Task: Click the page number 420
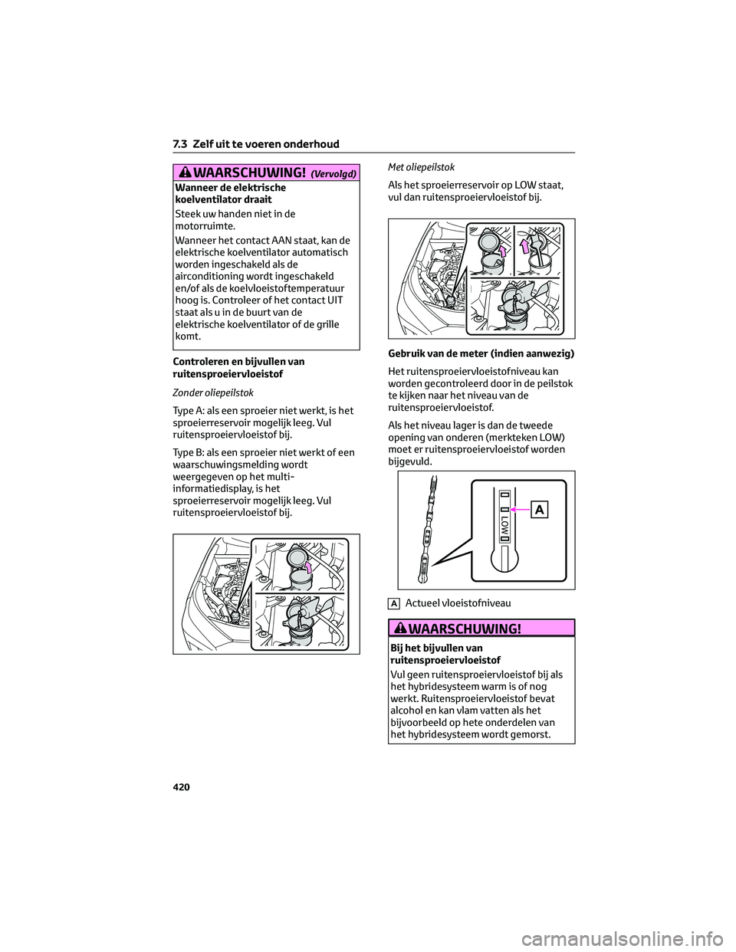point(181,787)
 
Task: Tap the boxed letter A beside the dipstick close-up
point(540,510)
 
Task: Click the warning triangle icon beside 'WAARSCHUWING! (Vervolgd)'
point(186,172)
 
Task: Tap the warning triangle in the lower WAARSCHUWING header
point(401,629)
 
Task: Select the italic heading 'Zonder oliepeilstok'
point(213,393)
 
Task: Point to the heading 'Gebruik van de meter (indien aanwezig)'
point(481,353)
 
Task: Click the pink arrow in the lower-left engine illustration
point(309,567)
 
